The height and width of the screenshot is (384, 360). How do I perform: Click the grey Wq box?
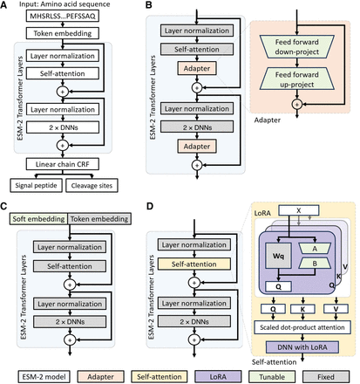click(274, 257)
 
